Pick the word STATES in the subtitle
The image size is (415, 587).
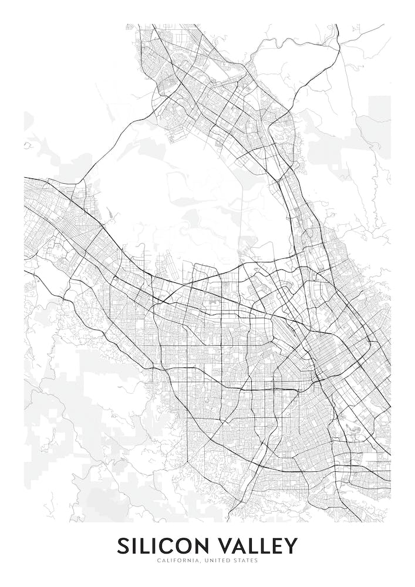(x=246, y=561)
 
